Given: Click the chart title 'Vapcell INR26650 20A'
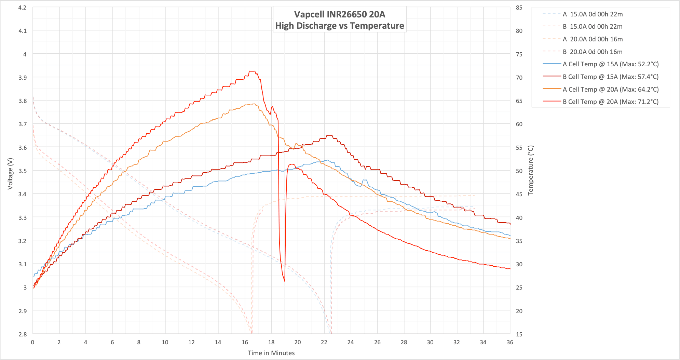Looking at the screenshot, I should click(x=340, y=14).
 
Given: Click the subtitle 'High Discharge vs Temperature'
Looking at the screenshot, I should click(x=340, y=26).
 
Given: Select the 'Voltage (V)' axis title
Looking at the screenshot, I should click(x=10, y=174).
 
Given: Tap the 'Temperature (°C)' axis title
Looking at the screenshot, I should click(x=530, y=170).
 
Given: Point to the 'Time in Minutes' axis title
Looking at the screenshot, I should click(x=271, y=353).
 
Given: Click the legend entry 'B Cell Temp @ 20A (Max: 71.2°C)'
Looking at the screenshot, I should click(x=610, y=102).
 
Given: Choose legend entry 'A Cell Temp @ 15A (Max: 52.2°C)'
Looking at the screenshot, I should click(x=610, y=64).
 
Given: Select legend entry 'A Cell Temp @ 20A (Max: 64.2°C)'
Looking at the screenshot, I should click(x=610, y=89).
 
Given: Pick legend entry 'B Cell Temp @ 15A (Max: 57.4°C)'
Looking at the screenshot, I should click(x=610, y=77).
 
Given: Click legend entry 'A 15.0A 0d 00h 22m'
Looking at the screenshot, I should click(x=593, y=14).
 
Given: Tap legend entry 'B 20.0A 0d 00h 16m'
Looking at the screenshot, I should click(x=593, y=52).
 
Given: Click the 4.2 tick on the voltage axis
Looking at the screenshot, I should click(x=22, y=7).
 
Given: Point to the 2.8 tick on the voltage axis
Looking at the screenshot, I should click(x=22, y=334).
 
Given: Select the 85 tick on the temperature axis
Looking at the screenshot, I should click(x=519, y=7).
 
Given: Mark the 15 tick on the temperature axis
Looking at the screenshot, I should click(x=519, y=334).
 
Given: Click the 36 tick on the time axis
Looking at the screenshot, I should click(x=510, y=342).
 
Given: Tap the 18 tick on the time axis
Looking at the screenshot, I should click(x=271, y=342).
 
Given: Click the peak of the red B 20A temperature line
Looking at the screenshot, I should click(x=252, y=71).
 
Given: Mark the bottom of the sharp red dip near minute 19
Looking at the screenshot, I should click(x=285, y=281).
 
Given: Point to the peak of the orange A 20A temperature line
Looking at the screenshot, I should click(x=253, y=104).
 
